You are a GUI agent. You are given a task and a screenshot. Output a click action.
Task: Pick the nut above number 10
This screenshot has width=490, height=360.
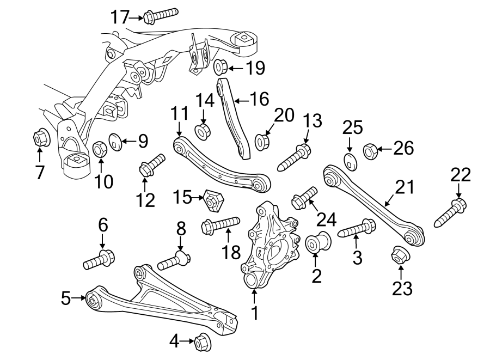(100, 148)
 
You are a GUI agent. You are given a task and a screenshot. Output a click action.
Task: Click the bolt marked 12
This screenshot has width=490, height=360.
(152, 164)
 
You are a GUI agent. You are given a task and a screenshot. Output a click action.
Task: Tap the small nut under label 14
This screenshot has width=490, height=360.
(203, 131)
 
